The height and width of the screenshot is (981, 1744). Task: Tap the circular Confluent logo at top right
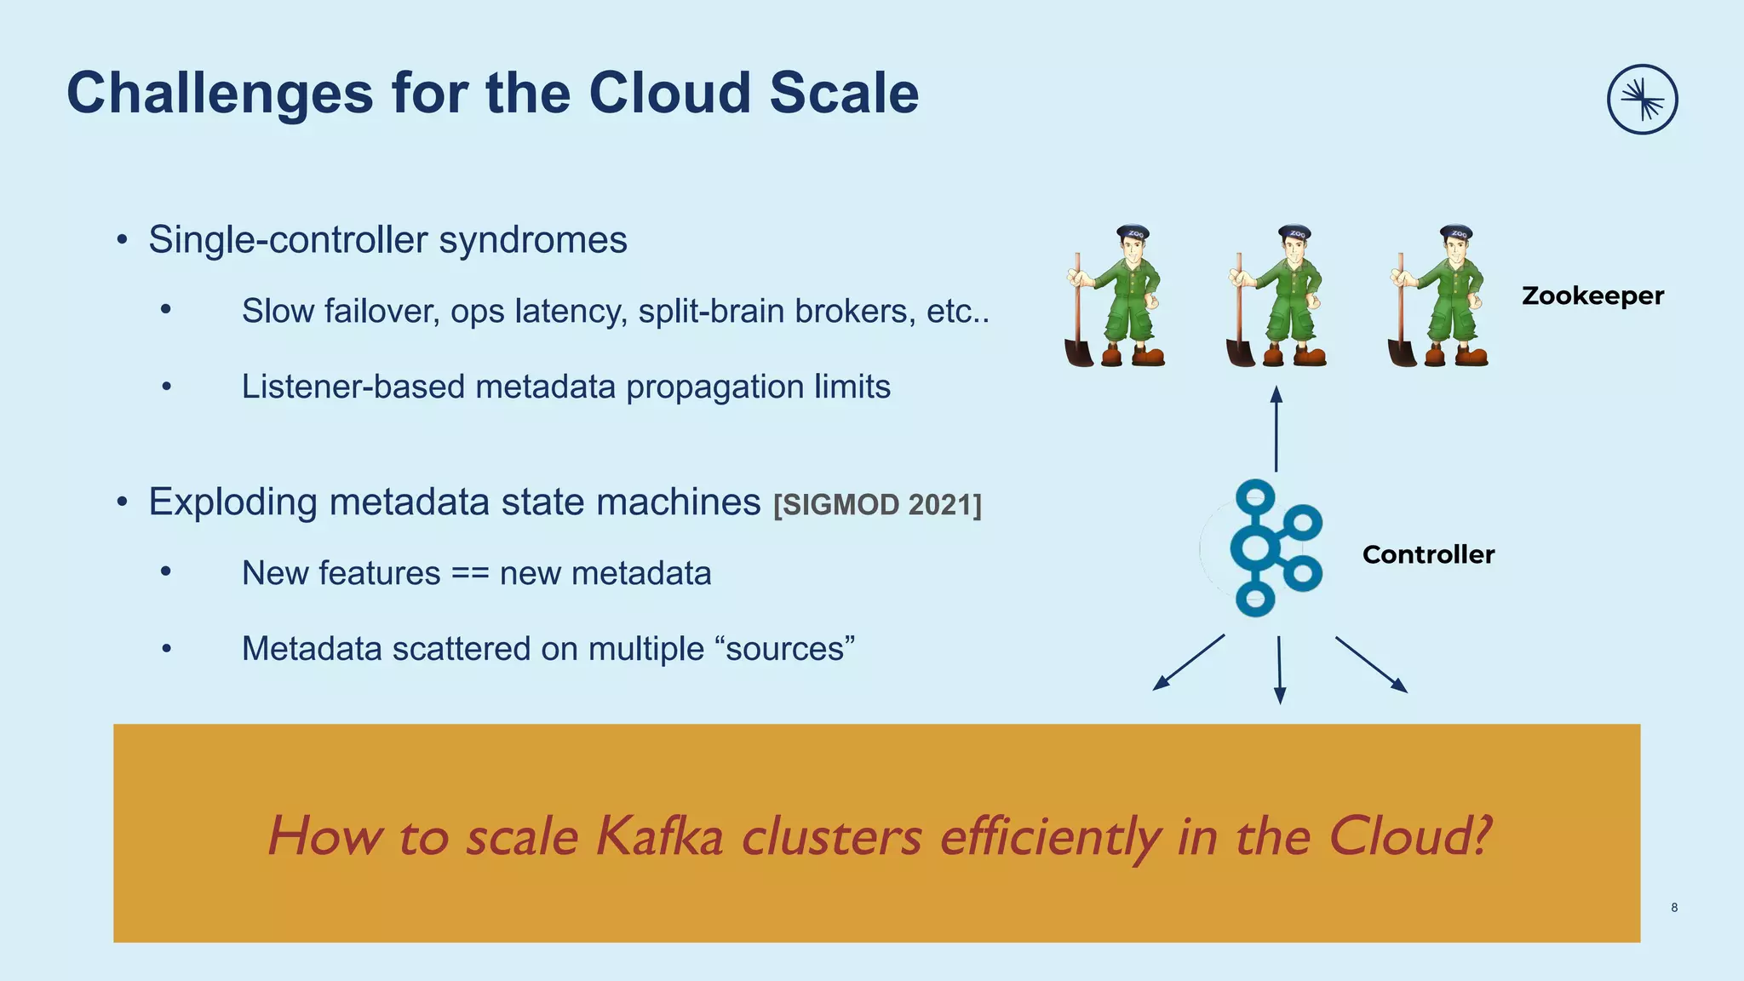1642,100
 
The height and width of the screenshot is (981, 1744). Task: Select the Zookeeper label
1592,295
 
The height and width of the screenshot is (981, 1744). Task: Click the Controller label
1428,554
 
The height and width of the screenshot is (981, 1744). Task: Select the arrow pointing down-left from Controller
1189,662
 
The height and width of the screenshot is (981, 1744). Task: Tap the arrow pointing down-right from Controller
1371,664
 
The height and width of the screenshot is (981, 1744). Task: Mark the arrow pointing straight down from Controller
1279,670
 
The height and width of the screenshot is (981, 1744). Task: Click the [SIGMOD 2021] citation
877,505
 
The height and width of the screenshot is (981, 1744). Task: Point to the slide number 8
1674,908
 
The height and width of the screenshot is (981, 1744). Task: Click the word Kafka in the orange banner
659,836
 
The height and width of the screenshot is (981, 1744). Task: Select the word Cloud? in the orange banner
1409,836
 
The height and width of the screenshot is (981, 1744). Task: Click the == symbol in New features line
470,573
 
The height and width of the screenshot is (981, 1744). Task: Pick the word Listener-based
353,387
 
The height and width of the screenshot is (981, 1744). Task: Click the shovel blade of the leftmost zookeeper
1078,352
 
